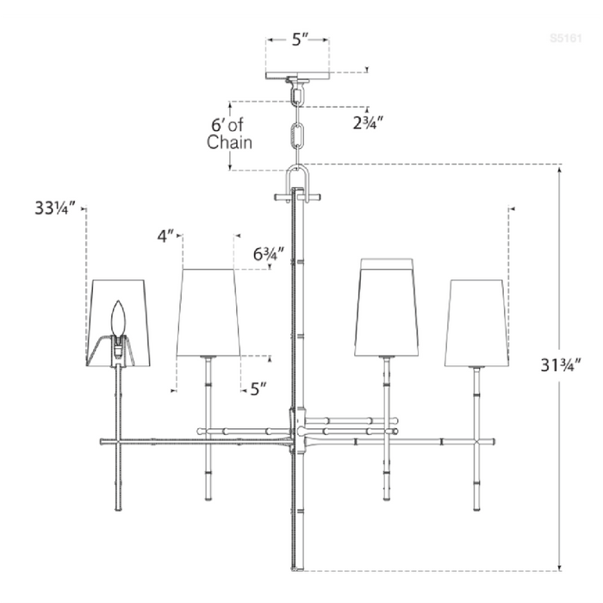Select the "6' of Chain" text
[229, 134]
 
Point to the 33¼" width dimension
[55, 208]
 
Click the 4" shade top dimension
[165, 234]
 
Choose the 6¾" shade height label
[268, 254]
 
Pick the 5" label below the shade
[258, 389]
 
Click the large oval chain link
[298, 137]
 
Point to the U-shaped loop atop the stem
[298, 179]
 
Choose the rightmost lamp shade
[475, 321]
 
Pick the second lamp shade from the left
[207, 311]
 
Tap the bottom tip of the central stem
[297, 568]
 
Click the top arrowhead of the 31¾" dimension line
[561, 169]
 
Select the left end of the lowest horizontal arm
[103, 442]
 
